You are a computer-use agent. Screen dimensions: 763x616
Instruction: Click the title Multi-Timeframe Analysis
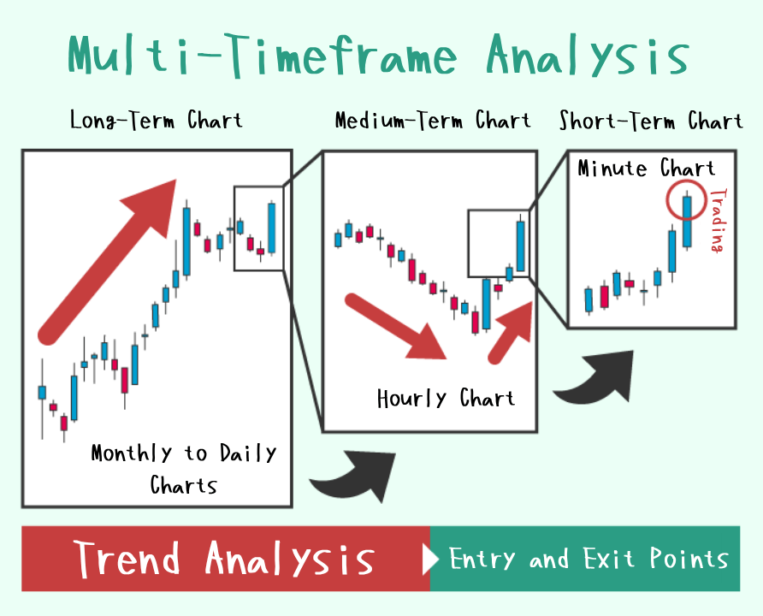click(378, 55)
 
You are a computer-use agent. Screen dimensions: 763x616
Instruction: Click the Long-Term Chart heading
click(157, 120)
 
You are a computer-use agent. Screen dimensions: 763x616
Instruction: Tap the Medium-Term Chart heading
click(433, 120)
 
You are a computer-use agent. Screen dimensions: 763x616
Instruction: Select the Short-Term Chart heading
click(651, 121)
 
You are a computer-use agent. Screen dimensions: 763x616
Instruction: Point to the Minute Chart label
click(646, 169)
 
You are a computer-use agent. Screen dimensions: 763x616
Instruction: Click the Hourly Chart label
click(446, 399)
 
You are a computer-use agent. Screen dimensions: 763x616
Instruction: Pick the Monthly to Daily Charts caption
click(183, 469)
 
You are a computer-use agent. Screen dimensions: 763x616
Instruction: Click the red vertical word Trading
click(719, 221)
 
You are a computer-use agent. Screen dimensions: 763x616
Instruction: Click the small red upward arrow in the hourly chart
click(511, 331)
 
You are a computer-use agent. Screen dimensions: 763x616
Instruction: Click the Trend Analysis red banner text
click(224, 559)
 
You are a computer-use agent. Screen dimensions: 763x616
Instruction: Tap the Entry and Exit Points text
click(589, 559)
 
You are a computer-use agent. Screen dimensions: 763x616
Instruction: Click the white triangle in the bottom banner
click(430, 559)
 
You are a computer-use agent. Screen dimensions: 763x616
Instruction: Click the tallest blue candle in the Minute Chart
click(687, 222)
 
